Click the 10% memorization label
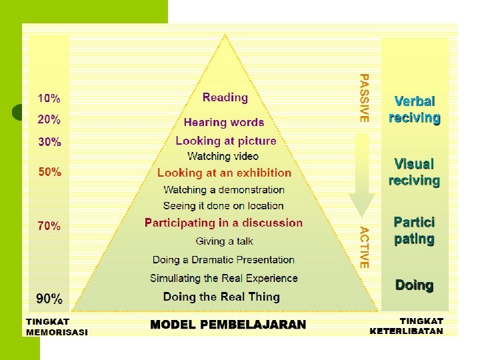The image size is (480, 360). [49, 99]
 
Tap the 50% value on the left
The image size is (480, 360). [49, 172]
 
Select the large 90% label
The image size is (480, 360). [49, 298]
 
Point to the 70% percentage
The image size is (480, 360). [49, 226]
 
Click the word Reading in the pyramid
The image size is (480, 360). [225, 97]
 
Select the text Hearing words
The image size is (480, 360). [224, 123]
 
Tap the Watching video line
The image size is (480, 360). [223, 156]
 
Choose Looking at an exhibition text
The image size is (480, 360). [225, 173]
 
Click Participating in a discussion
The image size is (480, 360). [223, 223]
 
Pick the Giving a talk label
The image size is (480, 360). [225, 241]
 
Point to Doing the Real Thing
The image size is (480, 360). [221, 297]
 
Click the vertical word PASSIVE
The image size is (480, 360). [364, 97]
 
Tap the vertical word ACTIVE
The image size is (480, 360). [364, 247]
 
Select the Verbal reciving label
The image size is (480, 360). [414, 109]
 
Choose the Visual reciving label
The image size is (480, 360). [414, 172]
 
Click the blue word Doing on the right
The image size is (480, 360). [414, 285]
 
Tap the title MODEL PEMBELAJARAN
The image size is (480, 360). [228, 325]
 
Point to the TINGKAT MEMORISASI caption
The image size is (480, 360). [57, 327]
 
